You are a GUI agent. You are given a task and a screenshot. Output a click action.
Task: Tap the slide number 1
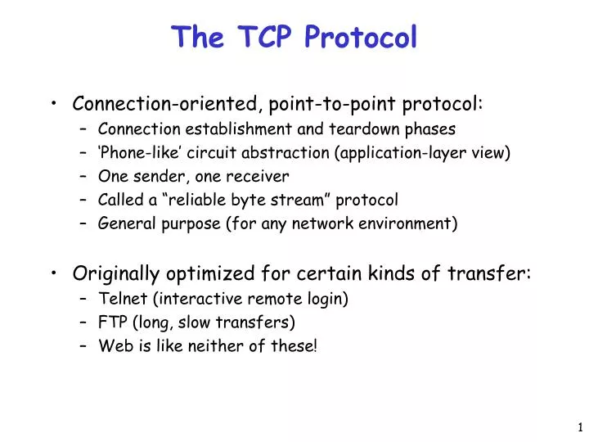point(580,426)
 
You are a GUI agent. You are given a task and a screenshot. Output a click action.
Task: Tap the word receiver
point(259,176)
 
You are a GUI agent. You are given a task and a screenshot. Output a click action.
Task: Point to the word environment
point(410,223)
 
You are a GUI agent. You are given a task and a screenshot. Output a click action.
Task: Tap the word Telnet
point(120,299)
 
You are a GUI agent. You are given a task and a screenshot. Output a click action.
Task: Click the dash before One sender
point(84,176)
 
